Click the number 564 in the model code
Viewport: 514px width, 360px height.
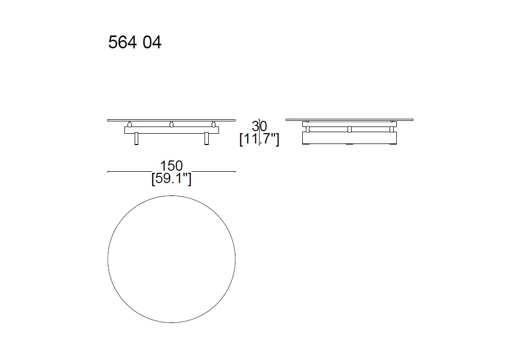point(122,42)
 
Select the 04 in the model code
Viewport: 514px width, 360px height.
point(152,43)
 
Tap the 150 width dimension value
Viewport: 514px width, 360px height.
point(171,166)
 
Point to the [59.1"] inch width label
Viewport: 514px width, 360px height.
point(171,178)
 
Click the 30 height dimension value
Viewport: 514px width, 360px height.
point(259,126)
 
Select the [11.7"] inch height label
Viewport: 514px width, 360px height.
point(259,139)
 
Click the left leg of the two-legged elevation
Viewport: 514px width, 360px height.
point(136,139)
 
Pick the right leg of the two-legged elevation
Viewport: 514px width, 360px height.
point(207,139)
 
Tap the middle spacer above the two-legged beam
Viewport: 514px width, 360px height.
point(171,124)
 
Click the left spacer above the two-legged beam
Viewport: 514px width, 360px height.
point(130,124)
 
